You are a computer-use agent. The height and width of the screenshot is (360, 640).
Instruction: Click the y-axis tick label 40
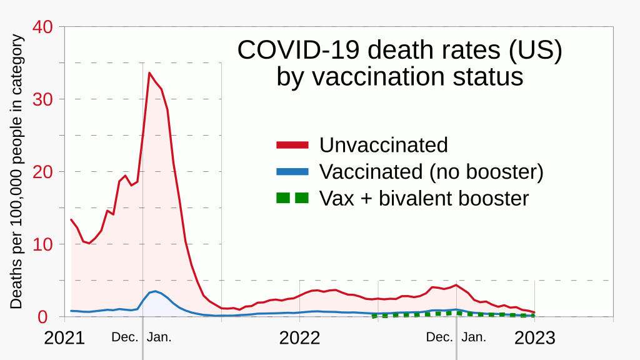44,27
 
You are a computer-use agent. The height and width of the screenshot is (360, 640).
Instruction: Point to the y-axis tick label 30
44,99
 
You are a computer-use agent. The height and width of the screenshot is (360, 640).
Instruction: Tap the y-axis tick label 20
44,172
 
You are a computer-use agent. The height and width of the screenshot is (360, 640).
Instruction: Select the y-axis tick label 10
44,244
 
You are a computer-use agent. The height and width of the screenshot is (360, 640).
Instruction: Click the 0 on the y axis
51,317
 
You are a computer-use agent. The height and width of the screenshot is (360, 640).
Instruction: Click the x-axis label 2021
64,338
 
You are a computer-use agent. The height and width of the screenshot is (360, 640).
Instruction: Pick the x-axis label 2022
300,338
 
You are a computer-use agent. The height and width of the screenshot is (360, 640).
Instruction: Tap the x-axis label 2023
534,338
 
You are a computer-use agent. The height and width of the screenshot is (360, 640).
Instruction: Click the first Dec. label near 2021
125,337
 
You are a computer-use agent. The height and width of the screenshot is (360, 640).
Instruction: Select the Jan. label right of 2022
474,337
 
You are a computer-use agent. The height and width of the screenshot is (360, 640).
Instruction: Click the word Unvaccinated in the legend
384,145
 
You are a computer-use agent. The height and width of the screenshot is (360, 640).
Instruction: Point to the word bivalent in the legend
414,198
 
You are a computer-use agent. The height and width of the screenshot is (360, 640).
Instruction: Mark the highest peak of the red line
149,73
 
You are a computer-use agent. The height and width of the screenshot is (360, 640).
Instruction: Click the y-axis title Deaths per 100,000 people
17,172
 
